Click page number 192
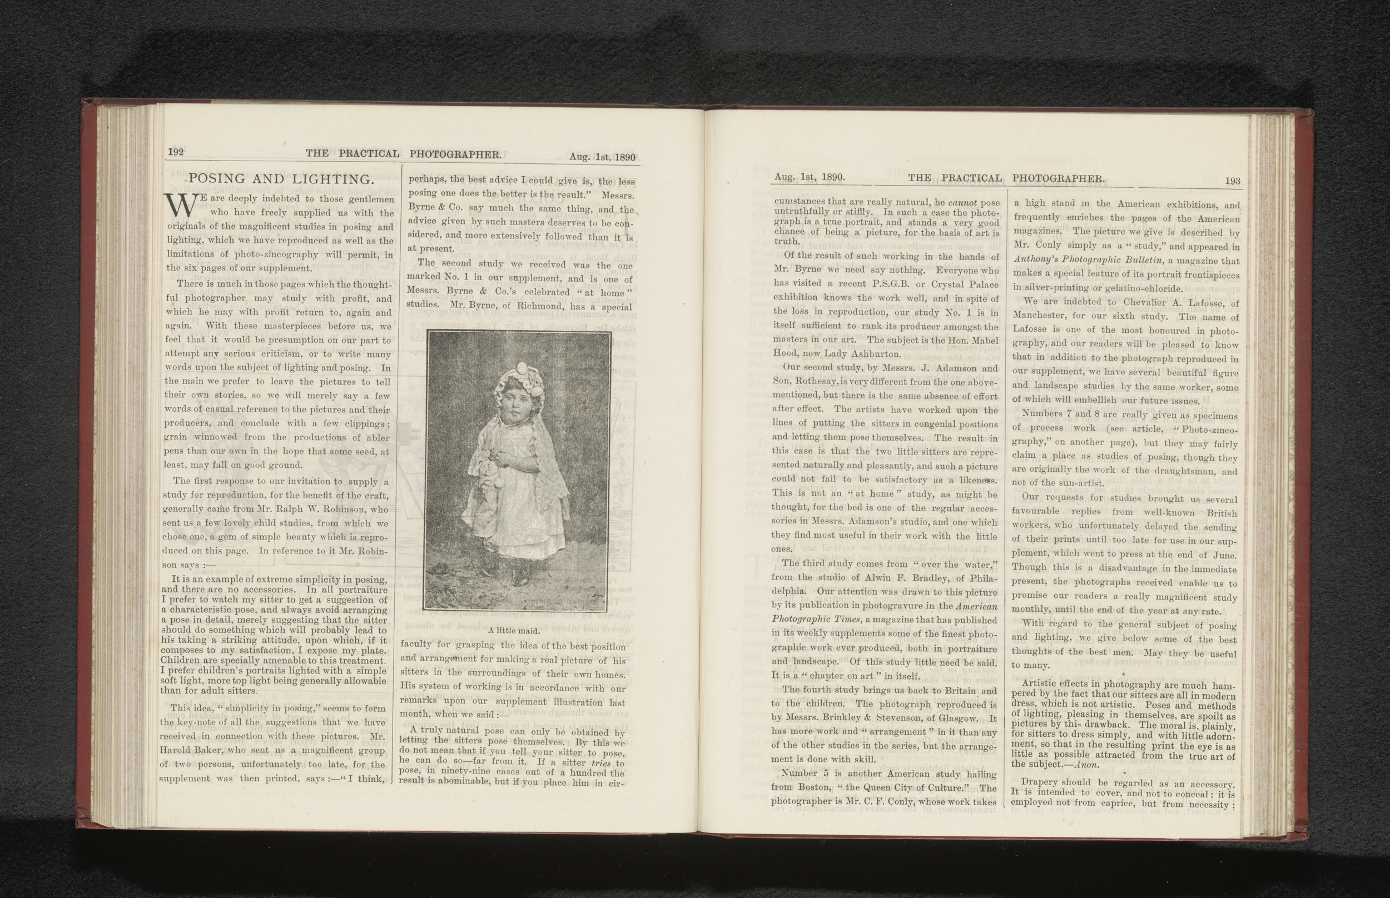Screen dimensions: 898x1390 tap(176, 152)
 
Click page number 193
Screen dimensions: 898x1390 tap(1233, 181)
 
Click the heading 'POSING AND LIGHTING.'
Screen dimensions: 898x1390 tap(281, 179)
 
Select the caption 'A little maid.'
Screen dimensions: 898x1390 tap(514, 630)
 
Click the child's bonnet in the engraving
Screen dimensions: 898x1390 tap(519, 378)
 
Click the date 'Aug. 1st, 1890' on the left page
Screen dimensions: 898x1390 tap(602, 157)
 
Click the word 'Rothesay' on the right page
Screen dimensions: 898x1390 tap(818, 381)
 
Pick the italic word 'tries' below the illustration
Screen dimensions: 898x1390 tap(600, 764)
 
